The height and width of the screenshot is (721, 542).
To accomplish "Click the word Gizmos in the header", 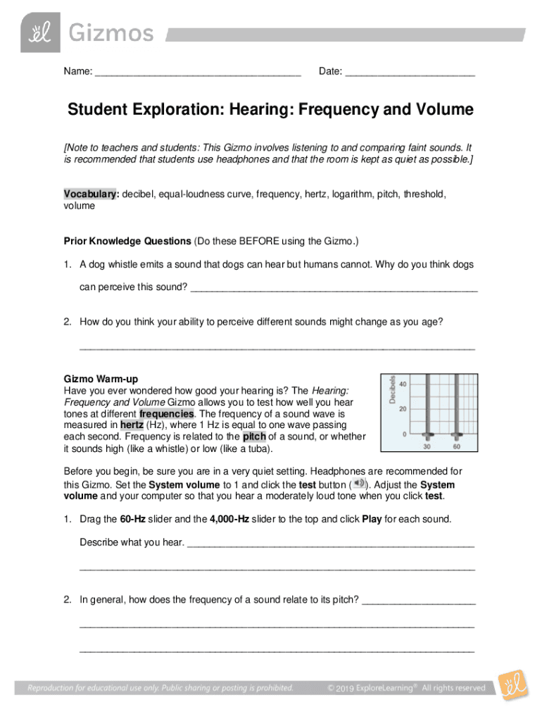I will [110, 33].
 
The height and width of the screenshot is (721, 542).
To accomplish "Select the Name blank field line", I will [198, 73].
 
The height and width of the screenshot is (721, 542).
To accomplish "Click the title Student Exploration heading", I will [270, 111].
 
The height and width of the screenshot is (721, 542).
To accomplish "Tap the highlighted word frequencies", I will [166, 413].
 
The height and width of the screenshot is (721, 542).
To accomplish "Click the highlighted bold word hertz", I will [132, 425].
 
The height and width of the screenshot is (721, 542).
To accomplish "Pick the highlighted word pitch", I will [254, 437].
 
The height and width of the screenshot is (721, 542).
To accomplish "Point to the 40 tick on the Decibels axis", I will [403, 384].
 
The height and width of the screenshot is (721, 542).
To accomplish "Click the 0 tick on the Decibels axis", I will [405, 434].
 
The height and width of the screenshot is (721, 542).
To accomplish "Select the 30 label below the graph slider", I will [427, 447].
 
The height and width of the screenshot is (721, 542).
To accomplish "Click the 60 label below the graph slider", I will [457, 447].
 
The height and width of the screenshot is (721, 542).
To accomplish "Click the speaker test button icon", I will [358, 483].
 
